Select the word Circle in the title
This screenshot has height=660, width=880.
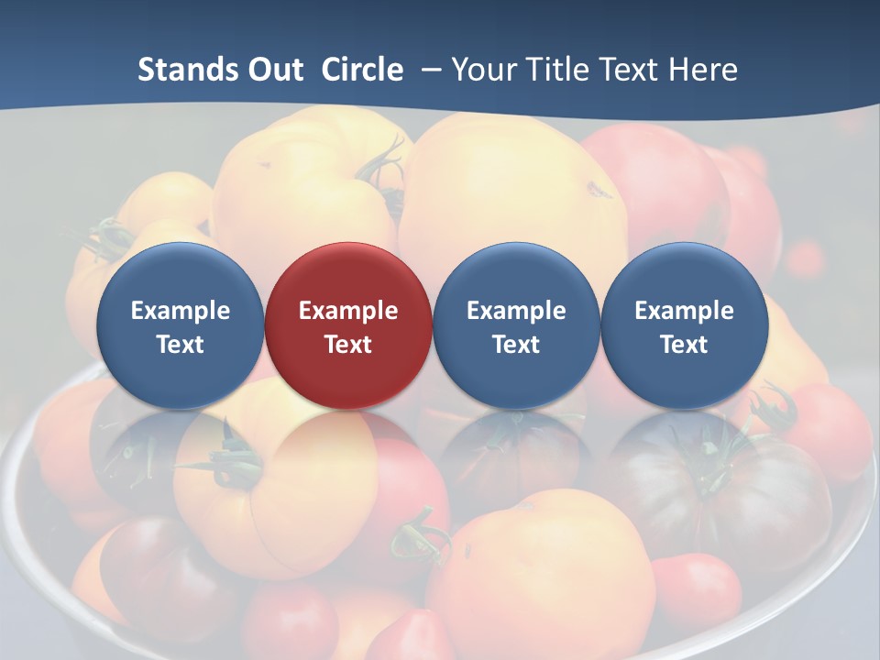pos(362,70)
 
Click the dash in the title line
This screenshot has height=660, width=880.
pos(428,71)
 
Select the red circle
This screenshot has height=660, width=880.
pos(348,325)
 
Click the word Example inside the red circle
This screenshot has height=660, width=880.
pos(348,311)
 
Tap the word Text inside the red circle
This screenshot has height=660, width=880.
pos(348,345)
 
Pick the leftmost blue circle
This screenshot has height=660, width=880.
pos(180,325)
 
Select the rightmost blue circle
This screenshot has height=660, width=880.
pos(684,325)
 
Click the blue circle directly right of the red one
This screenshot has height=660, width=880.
pos(516,325)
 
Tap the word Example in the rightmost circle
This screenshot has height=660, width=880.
pos(684,311)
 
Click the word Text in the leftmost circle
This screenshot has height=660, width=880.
pos(180,345)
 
